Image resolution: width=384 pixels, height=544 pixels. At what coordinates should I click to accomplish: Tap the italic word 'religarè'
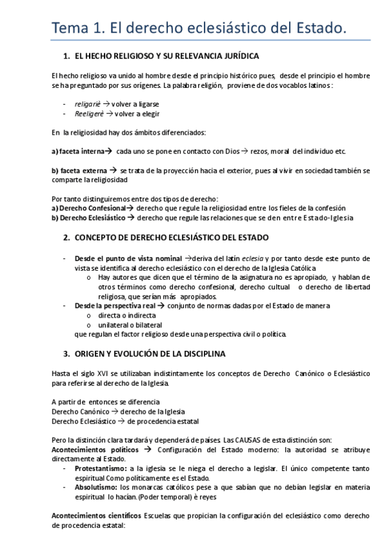[x=88, y=103]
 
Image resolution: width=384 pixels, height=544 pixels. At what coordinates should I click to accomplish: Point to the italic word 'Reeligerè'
[x=90, y=113]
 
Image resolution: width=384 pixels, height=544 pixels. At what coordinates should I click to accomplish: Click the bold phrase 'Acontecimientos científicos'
[x=96, y=516]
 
